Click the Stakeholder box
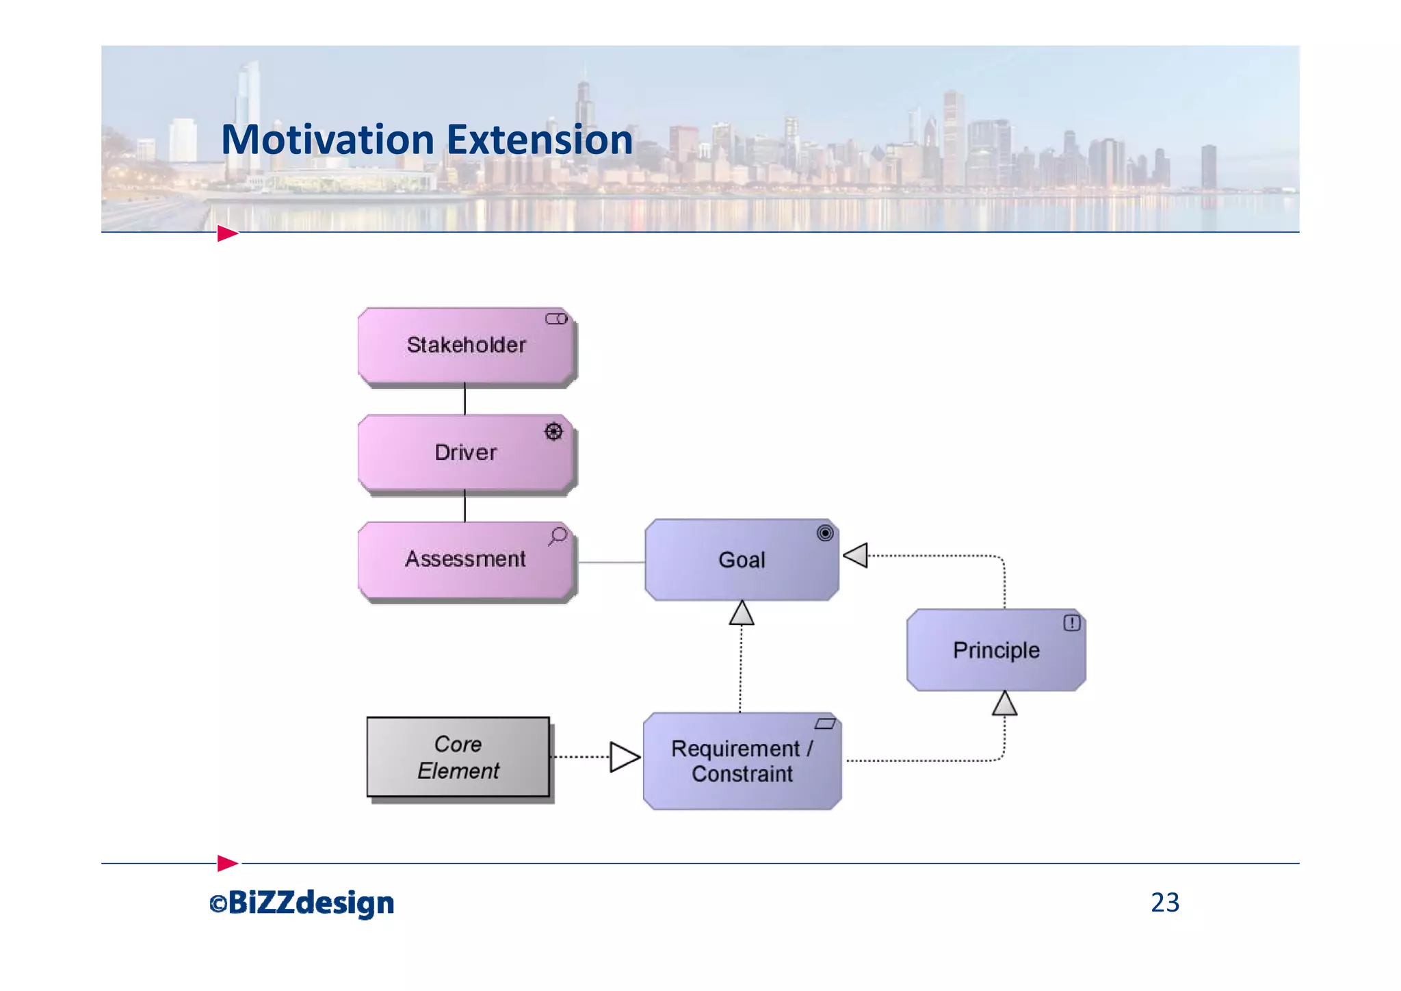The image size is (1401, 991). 466,345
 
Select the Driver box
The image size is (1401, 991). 466,452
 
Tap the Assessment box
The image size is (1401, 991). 466,560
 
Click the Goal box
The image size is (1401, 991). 742,560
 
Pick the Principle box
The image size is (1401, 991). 996,649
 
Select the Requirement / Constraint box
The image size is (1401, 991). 742,761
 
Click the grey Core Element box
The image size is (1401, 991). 458,757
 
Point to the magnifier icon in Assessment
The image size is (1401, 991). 558,536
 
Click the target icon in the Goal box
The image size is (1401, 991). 825,533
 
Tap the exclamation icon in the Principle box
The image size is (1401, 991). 1071,623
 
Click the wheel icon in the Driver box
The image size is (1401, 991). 553,431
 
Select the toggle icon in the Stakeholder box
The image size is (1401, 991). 556,319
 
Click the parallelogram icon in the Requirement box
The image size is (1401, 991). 825,724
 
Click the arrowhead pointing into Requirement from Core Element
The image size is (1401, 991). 624,757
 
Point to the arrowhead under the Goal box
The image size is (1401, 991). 742,613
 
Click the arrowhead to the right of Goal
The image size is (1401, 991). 856,555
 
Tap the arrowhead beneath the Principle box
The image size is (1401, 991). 1004,704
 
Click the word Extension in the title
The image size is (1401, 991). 540,140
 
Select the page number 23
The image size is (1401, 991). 1165,903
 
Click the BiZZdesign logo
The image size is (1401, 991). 302,903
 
